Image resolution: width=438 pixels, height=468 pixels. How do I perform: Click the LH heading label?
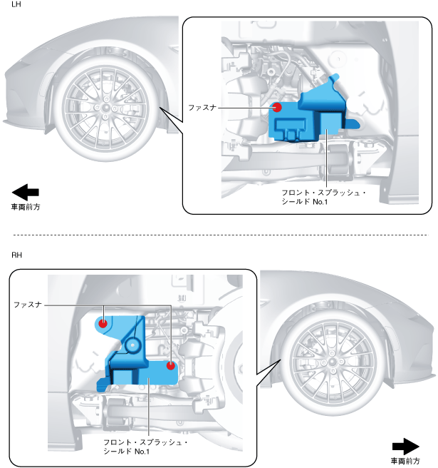(x=16, y=6)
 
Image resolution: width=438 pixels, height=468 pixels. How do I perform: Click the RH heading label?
(x=17, y=255)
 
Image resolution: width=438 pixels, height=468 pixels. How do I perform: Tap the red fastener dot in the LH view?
(x=277, y=108)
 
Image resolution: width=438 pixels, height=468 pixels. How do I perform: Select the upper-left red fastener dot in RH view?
(x=103, y=322)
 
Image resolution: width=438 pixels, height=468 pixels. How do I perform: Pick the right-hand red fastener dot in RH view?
(x=170, y=366)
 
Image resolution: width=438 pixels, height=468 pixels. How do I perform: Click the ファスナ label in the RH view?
(x=29, y=305)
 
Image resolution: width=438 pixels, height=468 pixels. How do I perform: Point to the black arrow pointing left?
(x=26, y=192)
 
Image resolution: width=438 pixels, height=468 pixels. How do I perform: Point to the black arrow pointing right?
(x=406, y=447)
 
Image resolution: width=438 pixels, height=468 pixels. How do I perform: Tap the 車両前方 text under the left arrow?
(x=26, y=208)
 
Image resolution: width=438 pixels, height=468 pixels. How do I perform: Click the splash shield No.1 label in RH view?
(x=145, y=447)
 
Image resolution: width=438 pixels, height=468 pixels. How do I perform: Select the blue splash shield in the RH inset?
(x=135, y=357)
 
